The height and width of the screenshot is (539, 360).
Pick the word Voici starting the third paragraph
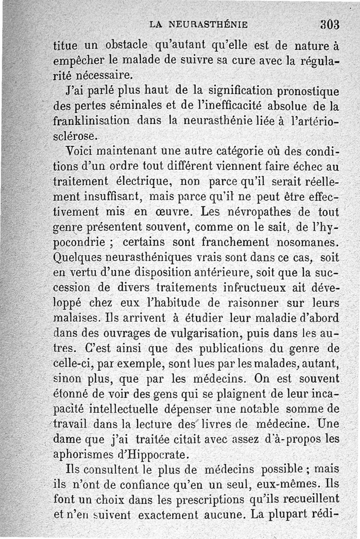tap(81, 151)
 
